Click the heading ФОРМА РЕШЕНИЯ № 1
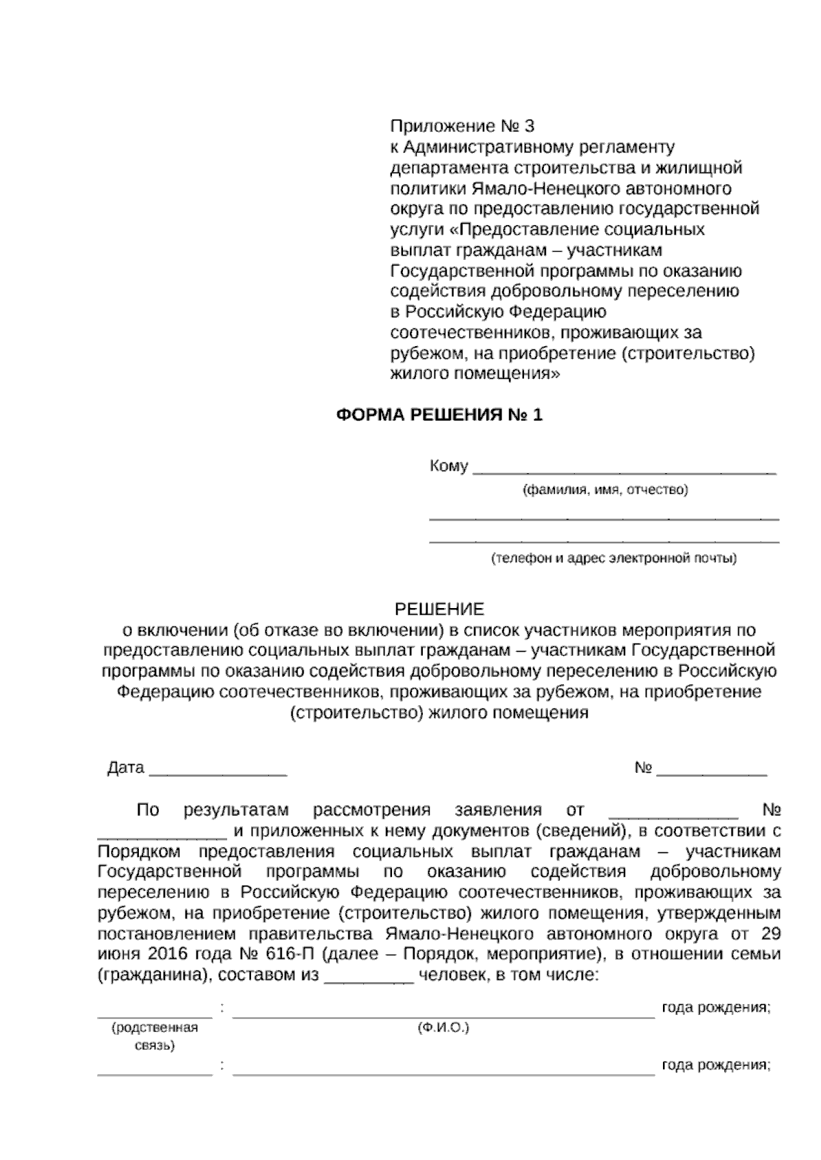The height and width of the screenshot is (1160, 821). tap(439, 415)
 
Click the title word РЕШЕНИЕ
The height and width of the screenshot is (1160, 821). tap(440, 609)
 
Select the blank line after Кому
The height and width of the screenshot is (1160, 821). tap(625, 469)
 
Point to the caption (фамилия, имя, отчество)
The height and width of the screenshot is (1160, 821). tap(605, 490)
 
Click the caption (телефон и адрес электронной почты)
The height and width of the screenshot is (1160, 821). tap(614, 559)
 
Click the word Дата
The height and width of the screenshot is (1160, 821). tap(126, 767)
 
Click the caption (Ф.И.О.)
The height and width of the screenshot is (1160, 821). tap(443, 1028)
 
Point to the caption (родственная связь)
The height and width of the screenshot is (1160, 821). tap(155, 1037)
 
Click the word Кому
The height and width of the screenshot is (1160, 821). tap(449, 466)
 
